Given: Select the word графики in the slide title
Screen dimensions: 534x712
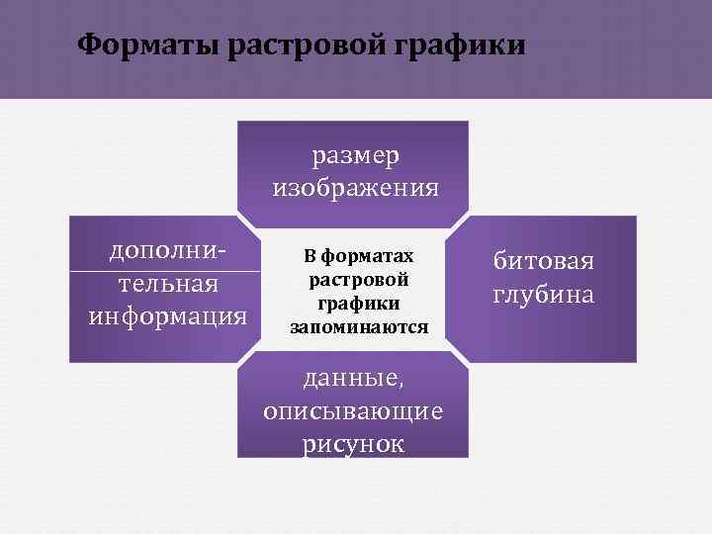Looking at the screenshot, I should (462, 45).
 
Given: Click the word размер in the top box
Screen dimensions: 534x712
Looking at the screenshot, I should (355, 156).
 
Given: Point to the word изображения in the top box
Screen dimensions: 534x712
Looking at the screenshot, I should (355, 188).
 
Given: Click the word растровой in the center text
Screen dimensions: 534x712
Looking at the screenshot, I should (359, 280).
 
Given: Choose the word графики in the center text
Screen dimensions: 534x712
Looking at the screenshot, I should (359, 304).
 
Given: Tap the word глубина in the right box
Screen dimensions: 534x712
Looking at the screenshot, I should (543, 295).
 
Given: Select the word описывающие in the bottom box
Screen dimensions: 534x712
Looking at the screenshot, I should (353, 410).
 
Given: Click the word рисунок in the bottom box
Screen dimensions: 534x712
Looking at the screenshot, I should (353, 443).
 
